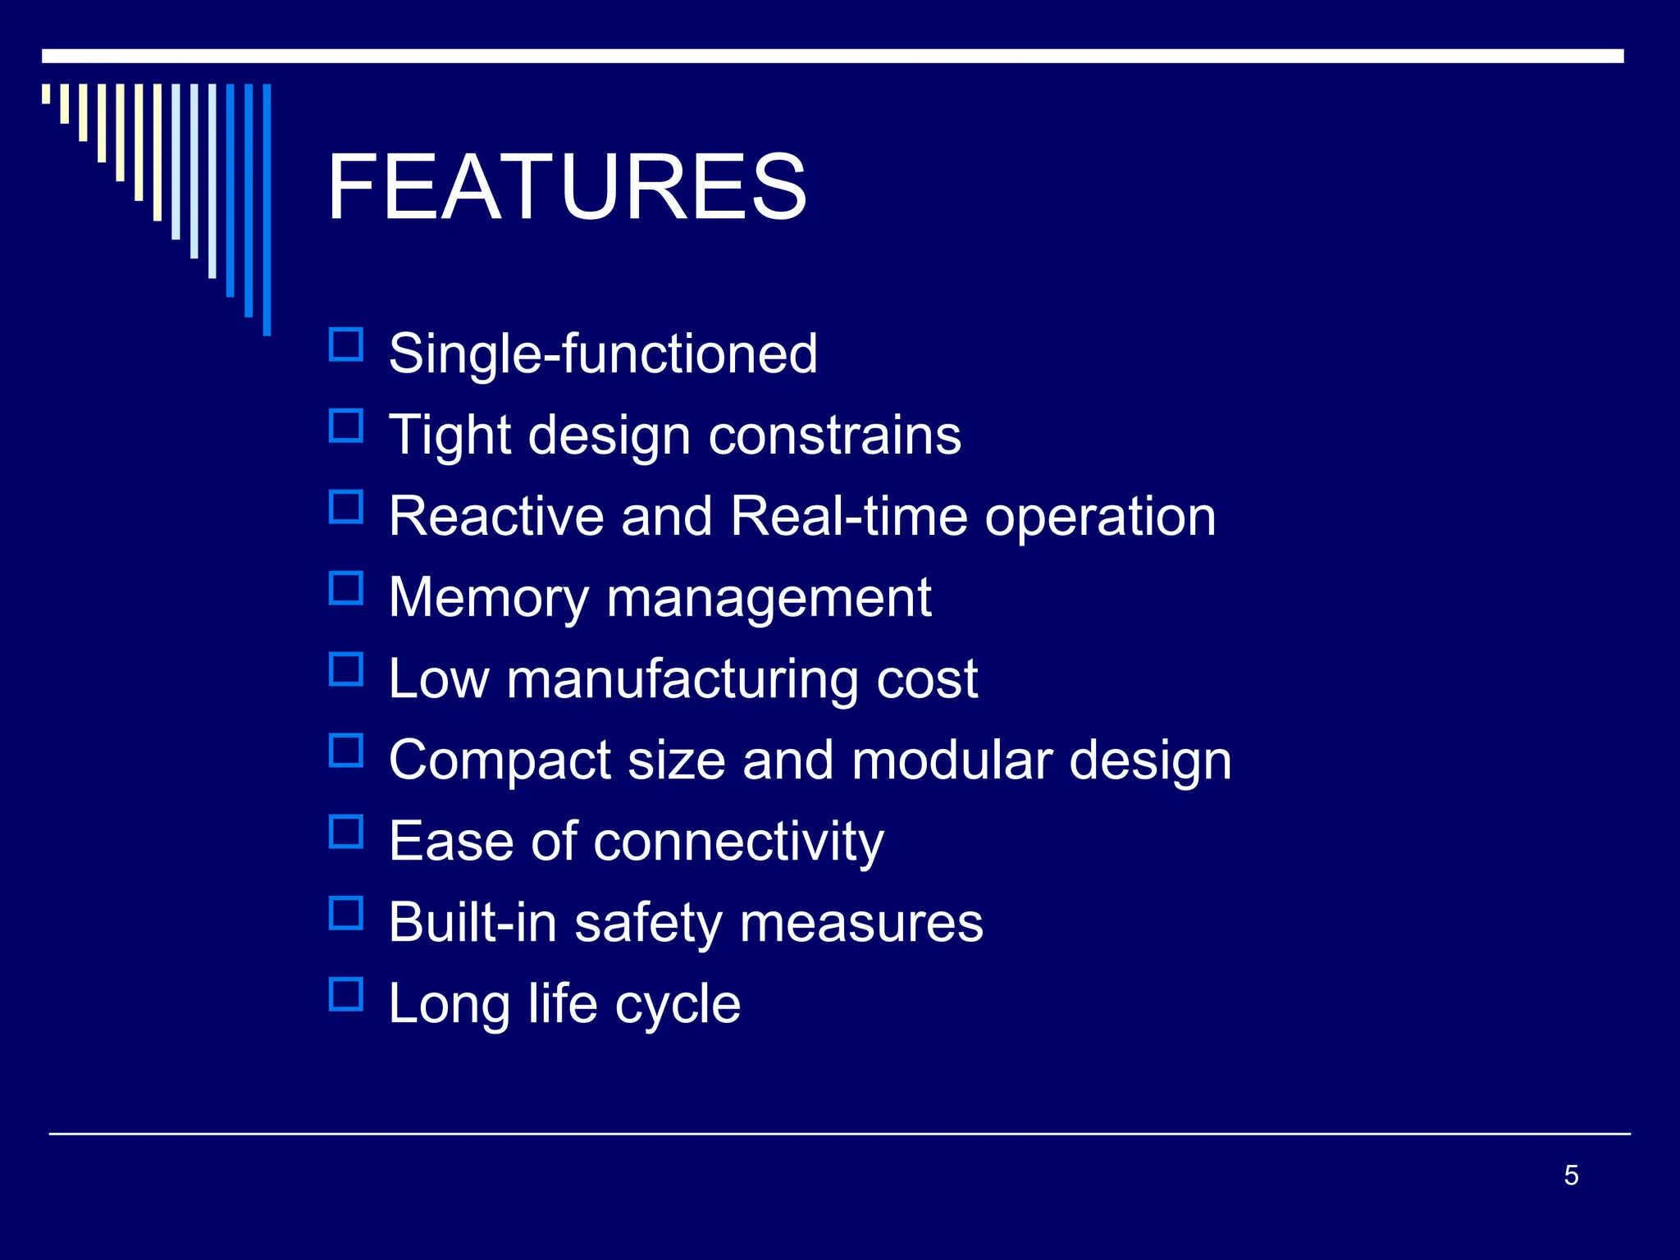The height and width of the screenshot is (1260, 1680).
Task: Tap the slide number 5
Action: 1571,1175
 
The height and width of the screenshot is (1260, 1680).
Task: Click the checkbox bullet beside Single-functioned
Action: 346,345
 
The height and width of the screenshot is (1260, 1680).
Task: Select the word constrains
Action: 834,435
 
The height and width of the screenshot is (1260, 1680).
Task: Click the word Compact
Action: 500,760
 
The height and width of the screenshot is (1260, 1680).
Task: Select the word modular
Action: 952,760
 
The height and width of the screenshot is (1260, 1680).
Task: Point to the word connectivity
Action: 738,841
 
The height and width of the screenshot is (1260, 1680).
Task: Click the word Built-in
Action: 472,922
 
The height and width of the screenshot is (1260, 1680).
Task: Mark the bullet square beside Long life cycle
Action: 346,994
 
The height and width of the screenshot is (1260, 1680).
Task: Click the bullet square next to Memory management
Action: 346,589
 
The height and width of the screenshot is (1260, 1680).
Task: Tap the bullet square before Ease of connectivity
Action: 346,832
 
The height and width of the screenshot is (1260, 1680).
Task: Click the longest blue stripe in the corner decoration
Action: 267,209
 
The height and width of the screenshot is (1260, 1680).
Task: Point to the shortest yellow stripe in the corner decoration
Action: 46,94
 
